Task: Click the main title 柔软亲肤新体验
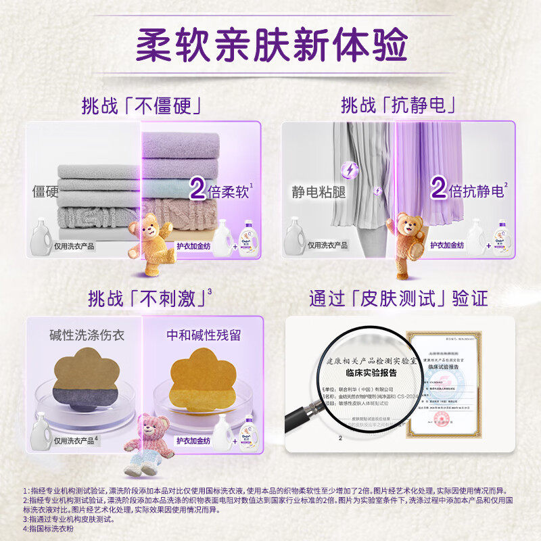tap(270, 45)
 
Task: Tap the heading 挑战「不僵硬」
tap(143, 105)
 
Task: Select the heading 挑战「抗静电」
tap(397, 105)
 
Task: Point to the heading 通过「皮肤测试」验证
tap(398, 298)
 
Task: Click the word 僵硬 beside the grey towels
tap(45, 192)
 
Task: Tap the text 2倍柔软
tap(220, 190)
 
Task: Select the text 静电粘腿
tap(319, 192)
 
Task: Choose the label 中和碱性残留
tap(204, 335)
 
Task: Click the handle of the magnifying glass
tap(302, 415)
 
